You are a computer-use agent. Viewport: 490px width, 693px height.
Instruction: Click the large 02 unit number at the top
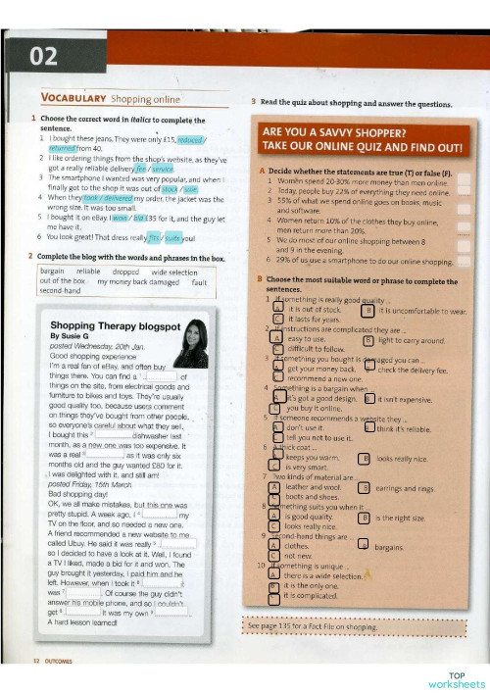(44, 57)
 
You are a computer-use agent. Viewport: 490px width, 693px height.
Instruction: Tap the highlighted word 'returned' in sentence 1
(57, 149)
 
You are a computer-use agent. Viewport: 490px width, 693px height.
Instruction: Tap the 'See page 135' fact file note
(313, 623)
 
